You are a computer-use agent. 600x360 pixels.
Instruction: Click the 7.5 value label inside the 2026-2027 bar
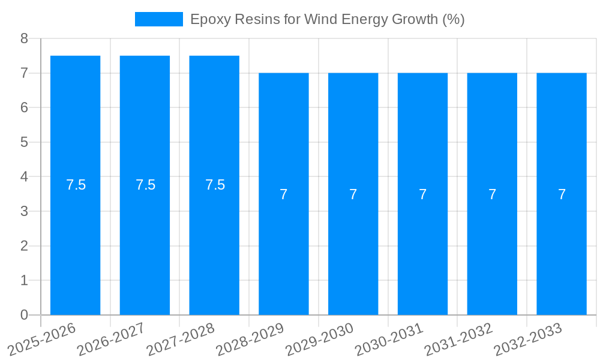145,185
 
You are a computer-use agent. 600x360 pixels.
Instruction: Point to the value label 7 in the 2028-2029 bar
284,194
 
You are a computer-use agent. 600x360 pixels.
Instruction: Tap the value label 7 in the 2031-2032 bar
492,194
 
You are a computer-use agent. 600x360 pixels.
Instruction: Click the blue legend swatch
158,19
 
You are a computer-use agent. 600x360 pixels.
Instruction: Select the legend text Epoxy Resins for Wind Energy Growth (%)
327,19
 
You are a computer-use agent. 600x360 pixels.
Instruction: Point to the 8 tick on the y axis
24,38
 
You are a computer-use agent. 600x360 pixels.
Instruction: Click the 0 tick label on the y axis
24,315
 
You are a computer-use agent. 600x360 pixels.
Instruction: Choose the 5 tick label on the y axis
24,142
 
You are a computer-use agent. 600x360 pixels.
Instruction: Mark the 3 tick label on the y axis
24,211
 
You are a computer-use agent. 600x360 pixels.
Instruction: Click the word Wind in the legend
319,19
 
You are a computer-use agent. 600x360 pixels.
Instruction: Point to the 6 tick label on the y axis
24,107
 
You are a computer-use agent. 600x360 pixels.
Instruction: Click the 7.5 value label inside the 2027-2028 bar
215,185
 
